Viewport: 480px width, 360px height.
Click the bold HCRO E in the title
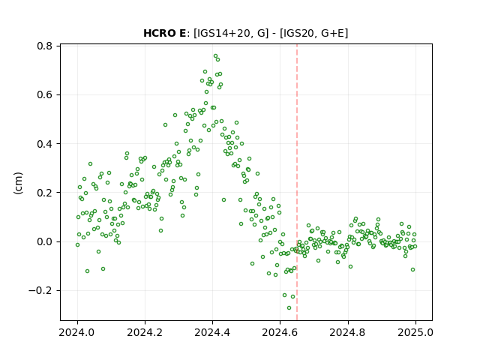(164, 33)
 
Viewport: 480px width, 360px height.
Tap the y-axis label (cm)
(18, 183)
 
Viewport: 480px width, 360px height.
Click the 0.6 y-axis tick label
(44, 95)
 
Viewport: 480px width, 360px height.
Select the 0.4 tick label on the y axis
(44, 144)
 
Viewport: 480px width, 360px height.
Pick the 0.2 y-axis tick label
(44, 193)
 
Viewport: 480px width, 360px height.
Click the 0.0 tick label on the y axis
(44, 241)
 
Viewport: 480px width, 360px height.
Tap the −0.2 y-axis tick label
(40, 290)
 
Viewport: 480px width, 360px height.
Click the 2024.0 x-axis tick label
(77, 332)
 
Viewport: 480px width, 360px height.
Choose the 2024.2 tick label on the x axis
(145, 332)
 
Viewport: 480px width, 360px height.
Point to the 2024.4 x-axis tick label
(212, 332)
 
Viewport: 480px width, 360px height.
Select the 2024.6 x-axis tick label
(280, 332)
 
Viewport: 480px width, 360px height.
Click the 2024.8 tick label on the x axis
(348, 332)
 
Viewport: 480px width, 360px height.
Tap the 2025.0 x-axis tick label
(415, 332)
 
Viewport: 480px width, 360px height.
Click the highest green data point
(215, 56)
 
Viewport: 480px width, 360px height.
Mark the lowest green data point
(289, 307)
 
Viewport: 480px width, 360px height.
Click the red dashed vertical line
(297, 182)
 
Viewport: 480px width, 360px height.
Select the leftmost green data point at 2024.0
(77, 245)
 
